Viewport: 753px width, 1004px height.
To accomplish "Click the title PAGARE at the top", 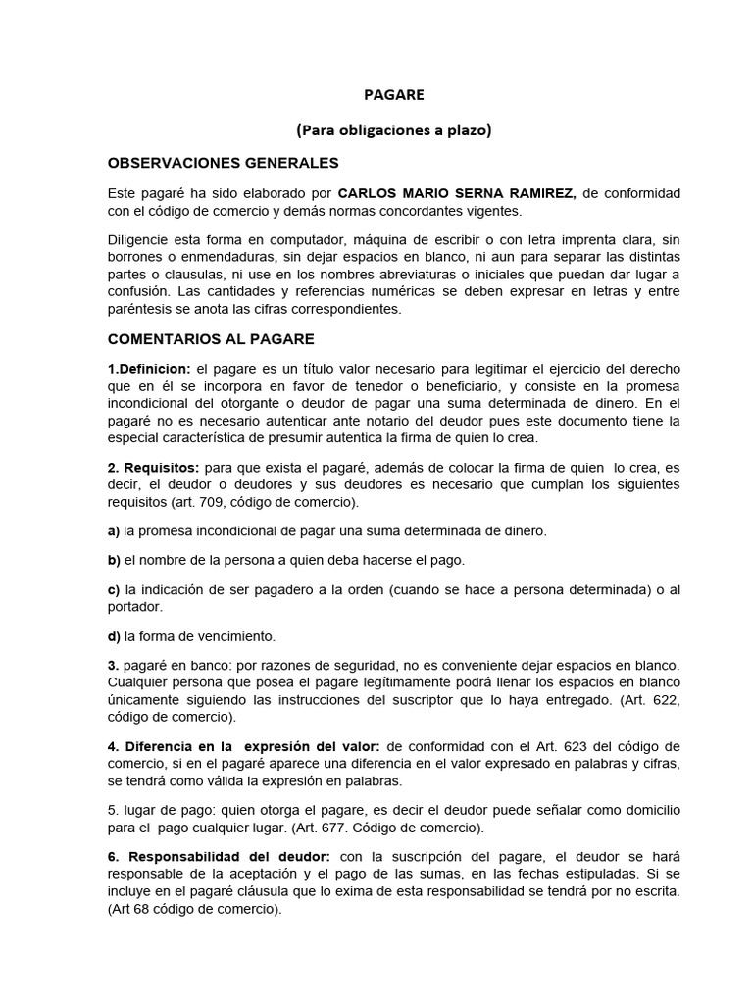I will pos(393,95).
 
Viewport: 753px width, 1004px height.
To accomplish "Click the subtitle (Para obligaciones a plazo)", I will pos(393,129).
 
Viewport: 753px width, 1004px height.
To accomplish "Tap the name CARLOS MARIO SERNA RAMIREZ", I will pos(456,193).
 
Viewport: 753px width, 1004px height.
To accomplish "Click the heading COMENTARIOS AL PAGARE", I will pos(211,339).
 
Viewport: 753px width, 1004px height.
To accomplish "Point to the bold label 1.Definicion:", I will pos(149,368).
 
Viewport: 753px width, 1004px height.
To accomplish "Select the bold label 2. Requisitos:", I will pos(151,469).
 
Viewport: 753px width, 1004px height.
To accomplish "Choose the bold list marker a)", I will pos(114,530).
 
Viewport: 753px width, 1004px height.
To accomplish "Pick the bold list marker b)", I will pos(114,560).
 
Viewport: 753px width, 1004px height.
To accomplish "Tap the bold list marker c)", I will pos(114,589).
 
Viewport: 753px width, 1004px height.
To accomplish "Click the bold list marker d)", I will pos(114,635).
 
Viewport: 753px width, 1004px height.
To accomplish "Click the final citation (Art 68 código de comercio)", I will pos(194,909).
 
